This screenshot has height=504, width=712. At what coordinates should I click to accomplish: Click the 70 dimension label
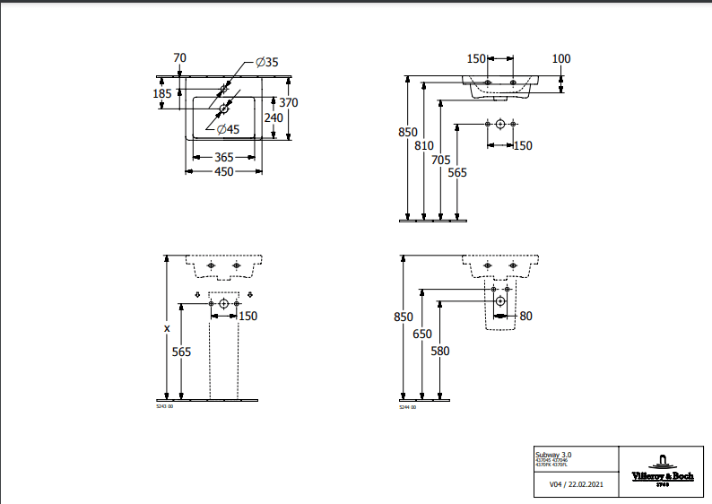[x=179, y=58]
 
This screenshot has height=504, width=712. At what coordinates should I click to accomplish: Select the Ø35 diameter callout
[x=267, y=62]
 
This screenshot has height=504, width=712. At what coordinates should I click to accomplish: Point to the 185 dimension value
[x=162, y=93]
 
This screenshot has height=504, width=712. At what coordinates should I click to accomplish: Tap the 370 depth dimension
[x=288, y=102]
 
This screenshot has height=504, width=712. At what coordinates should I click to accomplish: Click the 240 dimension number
[x=274, y=117]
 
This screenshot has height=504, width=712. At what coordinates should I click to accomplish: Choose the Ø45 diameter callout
[x=228, y=129]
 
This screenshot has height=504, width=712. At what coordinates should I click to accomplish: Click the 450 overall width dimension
[x=223, y=171]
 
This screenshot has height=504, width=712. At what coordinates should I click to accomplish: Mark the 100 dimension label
[x=561, y=59]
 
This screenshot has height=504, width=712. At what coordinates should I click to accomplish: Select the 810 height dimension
[x=425, y=146]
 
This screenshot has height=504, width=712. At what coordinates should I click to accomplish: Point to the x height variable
[x=167, y=328]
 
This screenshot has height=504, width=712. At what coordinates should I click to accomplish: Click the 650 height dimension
[x=422, y=334]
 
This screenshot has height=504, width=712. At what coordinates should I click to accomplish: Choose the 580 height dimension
[x=439, y=351]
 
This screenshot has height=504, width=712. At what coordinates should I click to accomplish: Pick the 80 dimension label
[x=525, y=315]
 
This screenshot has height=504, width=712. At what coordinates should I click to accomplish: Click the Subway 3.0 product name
[x=552, y=456]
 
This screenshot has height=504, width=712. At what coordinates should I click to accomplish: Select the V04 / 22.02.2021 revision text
[x=574, y=484]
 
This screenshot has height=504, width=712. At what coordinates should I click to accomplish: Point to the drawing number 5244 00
[x=407, y=407]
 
